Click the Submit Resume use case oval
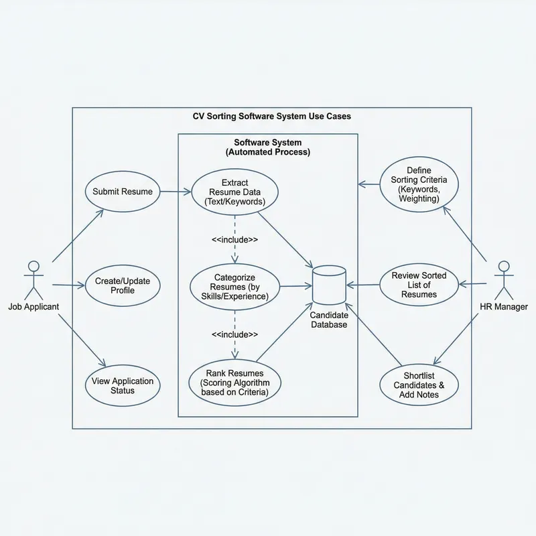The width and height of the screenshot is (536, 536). point(122,192)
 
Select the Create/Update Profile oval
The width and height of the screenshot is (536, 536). point(122,286)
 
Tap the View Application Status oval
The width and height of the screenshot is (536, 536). point(122,386)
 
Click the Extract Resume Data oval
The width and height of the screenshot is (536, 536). point(234,192)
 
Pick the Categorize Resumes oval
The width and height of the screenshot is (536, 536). point(234,286)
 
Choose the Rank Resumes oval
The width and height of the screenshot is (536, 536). point(234,383)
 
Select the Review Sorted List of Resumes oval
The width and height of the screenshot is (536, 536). point(419,285)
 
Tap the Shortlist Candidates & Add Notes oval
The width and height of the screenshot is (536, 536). point(419,385)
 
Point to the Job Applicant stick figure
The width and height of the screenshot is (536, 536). point(33,278)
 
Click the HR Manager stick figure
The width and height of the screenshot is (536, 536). point(503,278)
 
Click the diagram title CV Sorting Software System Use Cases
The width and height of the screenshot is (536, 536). point(271,117)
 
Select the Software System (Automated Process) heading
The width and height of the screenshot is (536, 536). point(267,147)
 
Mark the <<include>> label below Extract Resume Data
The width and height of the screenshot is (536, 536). point(234,240)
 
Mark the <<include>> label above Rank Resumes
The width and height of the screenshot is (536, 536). point(234,334)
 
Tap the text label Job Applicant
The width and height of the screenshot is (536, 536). point(33,307)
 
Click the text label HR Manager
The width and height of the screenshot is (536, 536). point(503,307)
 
